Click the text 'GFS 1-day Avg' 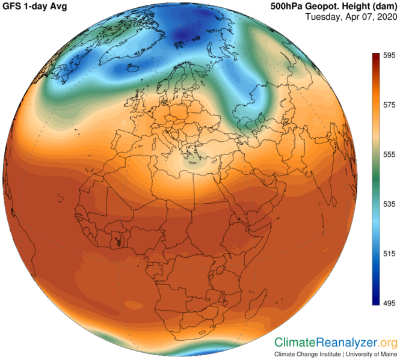click(37, 7)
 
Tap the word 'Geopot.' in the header click(330, 7)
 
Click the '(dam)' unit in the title click(383, 7)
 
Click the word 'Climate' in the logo click(295, 343)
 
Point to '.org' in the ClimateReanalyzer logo click(388, 343)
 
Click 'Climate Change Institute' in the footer click(307, 354)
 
